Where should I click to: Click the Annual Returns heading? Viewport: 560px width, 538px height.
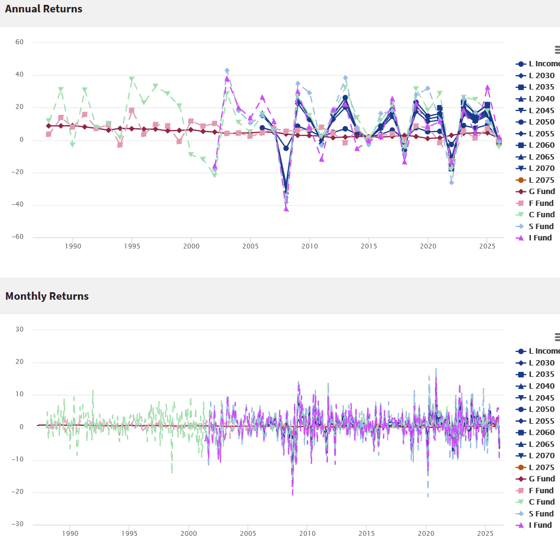[x=44, y=9]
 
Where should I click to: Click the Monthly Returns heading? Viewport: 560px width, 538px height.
[x=47, y=296]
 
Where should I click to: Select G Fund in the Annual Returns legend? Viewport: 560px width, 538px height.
[x=535, y=191]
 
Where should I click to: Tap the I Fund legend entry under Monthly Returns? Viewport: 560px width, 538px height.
[x=534, y=525]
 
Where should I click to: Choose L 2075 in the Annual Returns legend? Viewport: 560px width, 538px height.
[x=535, y=180]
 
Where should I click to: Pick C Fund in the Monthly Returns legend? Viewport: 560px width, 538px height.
[x=535, y=502]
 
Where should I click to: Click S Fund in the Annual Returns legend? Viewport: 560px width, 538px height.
[x=534, y=226]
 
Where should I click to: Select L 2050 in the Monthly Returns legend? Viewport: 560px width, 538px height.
[x=535, y=409]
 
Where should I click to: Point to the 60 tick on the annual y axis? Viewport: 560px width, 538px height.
[x=19, y=42]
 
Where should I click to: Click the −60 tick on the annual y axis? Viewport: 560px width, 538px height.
[x=17, y=237]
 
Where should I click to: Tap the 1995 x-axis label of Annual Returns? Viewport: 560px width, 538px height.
[x=132, y=246]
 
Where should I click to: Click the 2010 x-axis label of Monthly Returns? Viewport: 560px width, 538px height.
[x=307, y=533]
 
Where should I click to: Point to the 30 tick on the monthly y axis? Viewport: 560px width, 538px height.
[x=19, y=329]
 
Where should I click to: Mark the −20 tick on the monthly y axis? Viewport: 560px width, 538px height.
[x=17, y=492]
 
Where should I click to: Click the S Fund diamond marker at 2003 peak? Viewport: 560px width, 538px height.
[x=227, y=71]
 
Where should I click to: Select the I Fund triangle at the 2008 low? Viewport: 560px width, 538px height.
[x=286, y=209]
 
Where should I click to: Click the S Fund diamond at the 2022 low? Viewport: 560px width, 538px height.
[x=452, y=183]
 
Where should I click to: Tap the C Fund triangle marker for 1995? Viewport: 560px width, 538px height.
[x=132, y=79]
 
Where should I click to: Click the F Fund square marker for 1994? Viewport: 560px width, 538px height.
[x=120, y=144]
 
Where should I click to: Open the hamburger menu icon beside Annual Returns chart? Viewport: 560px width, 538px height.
[x=557, y=50]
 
